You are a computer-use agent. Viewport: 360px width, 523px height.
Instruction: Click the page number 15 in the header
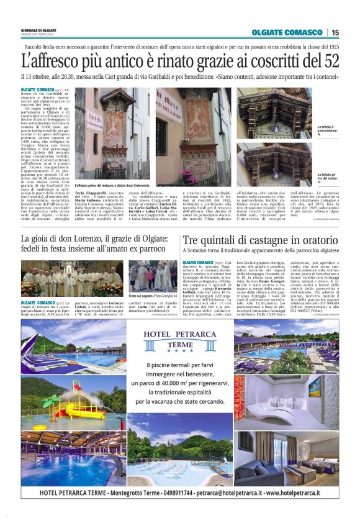click(x=335, y=32)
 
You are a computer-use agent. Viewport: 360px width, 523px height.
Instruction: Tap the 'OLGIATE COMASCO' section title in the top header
click(x=287, y=32)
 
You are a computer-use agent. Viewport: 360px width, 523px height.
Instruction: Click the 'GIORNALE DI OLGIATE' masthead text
click(x=37, y=30)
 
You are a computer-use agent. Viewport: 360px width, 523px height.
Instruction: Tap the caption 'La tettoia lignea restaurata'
click(x=327, y=130)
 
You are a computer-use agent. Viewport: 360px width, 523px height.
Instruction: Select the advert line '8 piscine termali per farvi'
click(x=179, y=365)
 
